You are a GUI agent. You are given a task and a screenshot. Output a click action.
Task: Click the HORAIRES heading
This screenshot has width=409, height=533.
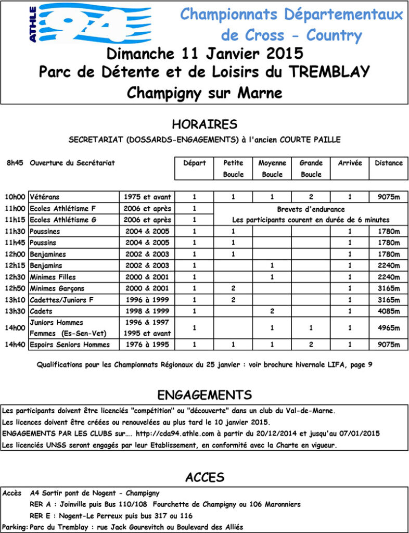tap(204, 124)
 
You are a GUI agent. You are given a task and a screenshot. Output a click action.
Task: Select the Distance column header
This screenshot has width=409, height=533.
tap(389, 163)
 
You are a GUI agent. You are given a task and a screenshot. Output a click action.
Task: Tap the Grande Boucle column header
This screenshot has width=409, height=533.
tap(311, 169)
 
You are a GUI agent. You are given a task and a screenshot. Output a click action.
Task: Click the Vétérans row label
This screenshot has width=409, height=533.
tap(45, 197)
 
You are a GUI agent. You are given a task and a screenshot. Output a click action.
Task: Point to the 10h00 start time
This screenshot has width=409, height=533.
tap(15, 197)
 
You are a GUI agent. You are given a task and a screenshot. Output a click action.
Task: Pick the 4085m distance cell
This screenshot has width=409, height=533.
tap(389, 311)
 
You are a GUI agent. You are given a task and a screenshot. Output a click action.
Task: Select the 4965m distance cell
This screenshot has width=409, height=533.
tap(389, 328)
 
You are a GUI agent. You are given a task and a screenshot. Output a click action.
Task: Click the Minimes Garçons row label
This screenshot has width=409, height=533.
tap(57, 288)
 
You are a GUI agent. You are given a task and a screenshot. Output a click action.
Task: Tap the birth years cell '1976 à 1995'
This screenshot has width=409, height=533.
tap(147, 345)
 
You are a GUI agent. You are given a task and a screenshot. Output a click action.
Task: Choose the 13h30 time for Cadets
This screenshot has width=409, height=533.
tap(15, 311)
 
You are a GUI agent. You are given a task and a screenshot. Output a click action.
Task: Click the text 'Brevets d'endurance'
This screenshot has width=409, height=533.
tap(311, 209)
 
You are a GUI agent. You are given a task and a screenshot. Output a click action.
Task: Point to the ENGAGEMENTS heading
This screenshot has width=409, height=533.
tap(204, 395)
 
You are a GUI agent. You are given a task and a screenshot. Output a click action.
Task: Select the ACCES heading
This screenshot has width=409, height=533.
tap(204, 477)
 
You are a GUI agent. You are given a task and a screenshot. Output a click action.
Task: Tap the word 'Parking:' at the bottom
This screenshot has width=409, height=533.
tap(14, 527)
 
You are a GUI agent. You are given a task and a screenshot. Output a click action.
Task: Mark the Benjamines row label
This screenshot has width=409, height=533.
tap(48, 255)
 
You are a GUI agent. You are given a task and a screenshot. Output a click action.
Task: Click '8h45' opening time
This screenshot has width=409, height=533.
tap(15, 163)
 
